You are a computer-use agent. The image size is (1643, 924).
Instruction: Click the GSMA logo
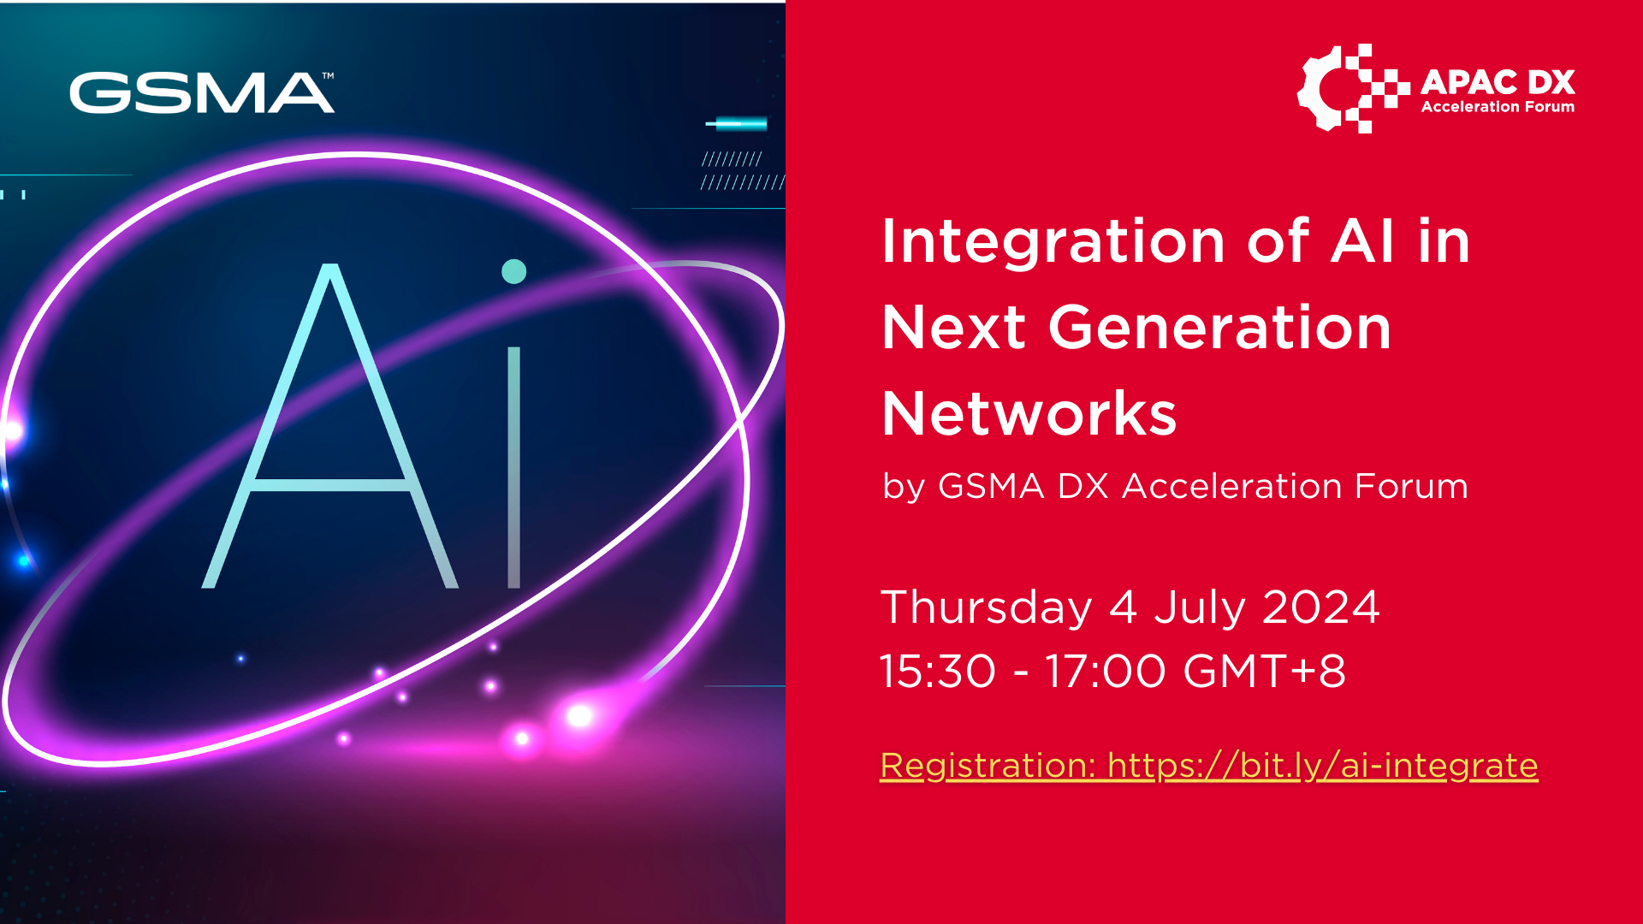click(201, 93)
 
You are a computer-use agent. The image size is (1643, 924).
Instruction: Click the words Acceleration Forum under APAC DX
click(1498, 107)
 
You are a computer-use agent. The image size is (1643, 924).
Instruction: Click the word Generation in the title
click(1219, 328)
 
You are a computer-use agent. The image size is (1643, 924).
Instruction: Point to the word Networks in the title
click(1029, 414)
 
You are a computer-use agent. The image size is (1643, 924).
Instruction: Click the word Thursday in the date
click(987, 607)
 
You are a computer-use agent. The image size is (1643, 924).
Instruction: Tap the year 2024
click(1320, 607)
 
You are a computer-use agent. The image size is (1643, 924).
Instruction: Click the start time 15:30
click(938, 671)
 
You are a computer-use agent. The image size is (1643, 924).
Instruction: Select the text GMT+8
click(1264, 671)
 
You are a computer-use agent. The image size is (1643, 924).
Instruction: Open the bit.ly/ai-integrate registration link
click(1322, 766)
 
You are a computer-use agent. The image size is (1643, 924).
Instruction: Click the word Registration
click(988, 766)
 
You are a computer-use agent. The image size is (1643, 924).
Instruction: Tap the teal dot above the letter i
click(513, 271)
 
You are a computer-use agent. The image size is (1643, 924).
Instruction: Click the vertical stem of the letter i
click(513, 466)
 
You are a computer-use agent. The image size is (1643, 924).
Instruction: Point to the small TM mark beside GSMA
click(328, 76)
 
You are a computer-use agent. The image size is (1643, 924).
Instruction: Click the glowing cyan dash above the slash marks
click(737, 124)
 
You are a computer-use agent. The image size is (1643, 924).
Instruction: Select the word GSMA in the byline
click(991, 487)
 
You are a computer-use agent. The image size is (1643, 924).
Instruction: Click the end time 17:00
click(1105, 671)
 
